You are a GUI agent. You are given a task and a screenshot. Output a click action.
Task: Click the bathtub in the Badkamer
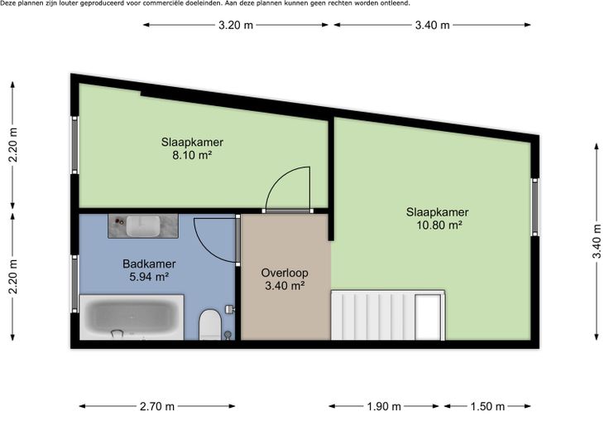[x=132, y=317]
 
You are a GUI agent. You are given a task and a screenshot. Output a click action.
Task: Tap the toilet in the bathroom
[x=210, y=325]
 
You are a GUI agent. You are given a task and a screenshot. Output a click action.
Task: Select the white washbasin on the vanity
[x=143, y=226]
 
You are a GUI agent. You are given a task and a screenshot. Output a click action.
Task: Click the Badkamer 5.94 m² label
[x=149, y=270]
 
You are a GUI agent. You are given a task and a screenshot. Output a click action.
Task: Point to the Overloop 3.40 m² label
[x=285, y=279]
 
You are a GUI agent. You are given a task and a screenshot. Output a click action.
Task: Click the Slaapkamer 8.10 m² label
[x=192, y=148]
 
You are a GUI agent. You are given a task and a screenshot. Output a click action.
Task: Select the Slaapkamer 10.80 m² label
[x=438, y=219]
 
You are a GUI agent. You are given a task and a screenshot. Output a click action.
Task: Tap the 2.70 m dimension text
[x=157, y=406]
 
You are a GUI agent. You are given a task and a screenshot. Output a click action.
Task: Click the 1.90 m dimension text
[x=384, y=406]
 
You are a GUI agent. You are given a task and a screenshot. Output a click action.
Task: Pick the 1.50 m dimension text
[x=487, y=406]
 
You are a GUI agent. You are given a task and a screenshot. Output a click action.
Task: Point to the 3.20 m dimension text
[x=236, y=25]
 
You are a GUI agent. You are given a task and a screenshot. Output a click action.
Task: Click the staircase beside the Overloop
[x=387, y=315]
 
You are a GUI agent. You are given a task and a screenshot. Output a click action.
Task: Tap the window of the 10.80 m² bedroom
[x=535, y=207]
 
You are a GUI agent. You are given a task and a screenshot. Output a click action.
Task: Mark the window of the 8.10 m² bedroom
[x=74, y=145]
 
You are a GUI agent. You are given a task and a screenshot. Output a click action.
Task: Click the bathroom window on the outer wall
[x=74, y=283]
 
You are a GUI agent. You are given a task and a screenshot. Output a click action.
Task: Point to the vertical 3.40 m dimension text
[x=597, y=241]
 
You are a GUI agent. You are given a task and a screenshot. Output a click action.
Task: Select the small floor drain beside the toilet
[x=228, y=334]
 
